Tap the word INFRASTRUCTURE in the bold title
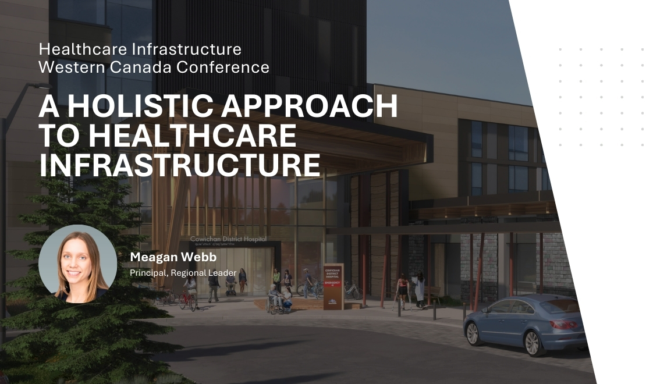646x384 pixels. (x=179, y=164)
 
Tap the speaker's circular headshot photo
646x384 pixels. (x=77, y=264)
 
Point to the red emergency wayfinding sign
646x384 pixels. (x=333, y=282)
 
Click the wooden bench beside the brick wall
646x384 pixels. (x=433, y=294)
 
